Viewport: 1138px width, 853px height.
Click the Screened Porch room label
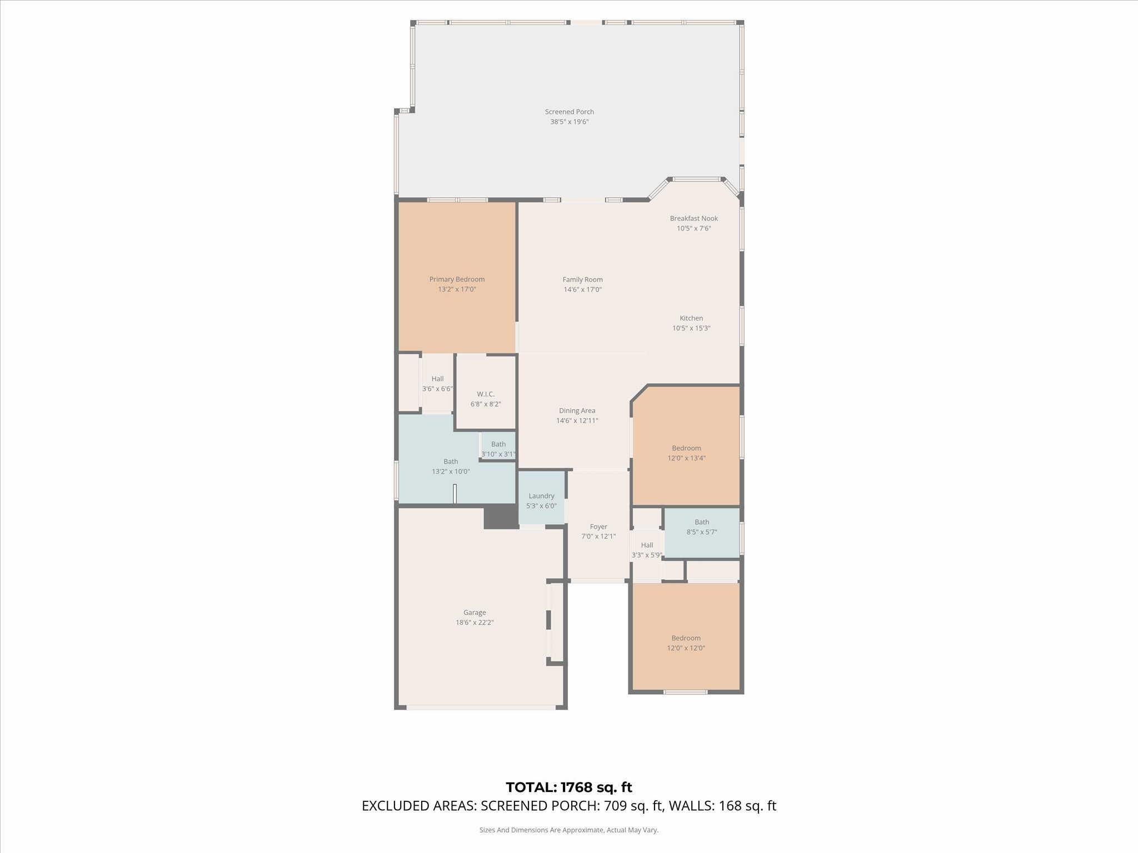point(569,112)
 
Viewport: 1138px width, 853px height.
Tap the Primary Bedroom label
point(457,279)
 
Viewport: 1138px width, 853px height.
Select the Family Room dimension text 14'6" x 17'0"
point(582,289)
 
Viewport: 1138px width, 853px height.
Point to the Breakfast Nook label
point(693,218)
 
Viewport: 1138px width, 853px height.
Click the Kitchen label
point(691,318)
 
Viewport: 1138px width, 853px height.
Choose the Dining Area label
point(577,410)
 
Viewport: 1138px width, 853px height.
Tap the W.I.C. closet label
point(486,394)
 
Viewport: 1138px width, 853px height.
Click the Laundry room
point(542,498)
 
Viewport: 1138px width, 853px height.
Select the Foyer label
point(598,526)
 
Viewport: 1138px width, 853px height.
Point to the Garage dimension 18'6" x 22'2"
point(475,623)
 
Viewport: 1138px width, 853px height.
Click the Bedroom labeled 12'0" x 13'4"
point(686,446)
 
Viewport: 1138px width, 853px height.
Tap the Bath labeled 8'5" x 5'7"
point(702,533)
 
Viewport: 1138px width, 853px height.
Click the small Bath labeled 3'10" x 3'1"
point(498,446)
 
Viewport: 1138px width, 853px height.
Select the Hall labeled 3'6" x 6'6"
point(437,383)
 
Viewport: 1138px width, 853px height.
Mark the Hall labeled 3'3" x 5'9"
point(647,550)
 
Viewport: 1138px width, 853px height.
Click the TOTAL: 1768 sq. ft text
point(569,787)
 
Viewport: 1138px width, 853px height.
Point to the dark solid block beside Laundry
point(501,516)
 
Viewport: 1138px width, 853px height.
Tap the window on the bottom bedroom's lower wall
point(686,692)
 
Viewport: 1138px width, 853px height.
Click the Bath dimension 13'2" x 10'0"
point(451,471)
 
